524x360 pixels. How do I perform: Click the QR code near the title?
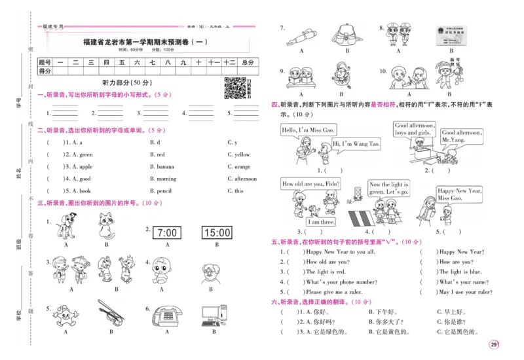pyautogui.click(x=234, y=88)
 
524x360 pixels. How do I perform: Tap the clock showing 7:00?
pyautogui.click(x=167, y=232)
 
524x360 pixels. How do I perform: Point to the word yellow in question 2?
pyautogui.click(x=242, y=154)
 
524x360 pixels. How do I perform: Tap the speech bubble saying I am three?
pyautogui.click(x=322, y=221)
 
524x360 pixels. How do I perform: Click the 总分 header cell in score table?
pyautogui.click(x=247, y=62)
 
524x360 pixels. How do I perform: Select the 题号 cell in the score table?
pyautogui.click(x=45, y=62)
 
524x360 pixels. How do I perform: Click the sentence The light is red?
pyautogui.click(x=326, y=272)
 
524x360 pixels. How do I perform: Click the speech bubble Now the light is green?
pyautogui.click(x=388, y=189)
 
